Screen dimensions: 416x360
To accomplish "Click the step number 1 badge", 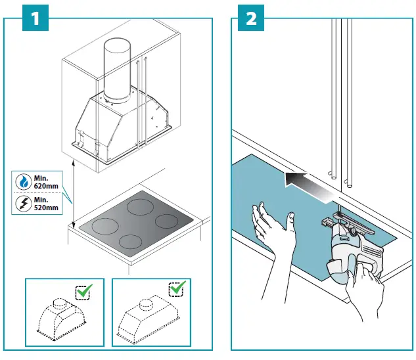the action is tap(35, 18).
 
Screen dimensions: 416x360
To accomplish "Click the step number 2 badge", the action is tap(251, 18).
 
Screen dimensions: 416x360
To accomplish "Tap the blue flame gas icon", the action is tap(24, 182).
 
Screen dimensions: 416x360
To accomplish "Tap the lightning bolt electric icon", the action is tap(24, 204).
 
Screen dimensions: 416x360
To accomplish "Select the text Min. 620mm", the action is tap(46, 182).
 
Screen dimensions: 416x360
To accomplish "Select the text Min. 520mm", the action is tap(46, 204).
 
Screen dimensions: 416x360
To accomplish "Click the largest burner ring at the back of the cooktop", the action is tap(140, 207).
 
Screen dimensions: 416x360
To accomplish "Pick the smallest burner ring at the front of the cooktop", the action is tap(130, 242).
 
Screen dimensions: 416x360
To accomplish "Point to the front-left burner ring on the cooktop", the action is tap(105, 226).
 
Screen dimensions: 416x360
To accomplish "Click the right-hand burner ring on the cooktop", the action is tap(167, 221).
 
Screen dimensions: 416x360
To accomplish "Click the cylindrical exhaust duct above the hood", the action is tap(117, 70).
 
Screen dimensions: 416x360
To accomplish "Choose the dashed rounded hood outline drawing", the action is tap(61, 319).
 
